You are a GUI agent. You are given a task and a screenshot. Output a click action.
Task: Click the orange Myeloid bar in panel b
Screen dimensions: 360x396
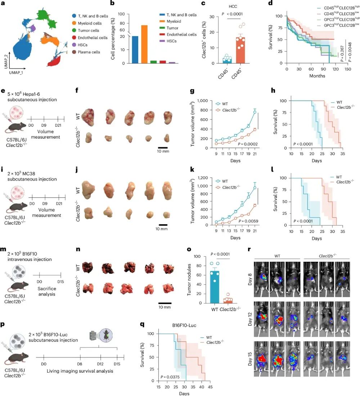pyautogui.click(x=144, y=44)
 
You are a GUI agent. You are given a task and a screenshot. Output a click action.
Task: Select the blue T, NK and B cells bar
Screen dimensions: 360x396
pyautogui.click(x=135, y=49)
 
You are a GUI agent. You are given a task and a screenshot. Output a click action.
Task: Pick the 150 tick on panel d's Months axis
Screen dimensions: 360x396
pyautogui.click(x=348, y=69)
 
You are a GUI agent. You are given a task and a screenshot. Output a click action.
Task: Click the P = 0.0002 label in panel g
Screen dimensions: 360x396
pyautogui.click(x=248, y=144)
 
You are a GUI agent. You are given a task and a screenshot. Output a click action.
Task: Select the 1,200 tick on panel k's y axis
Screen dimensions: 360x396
pyautogui.click(x=203, y=178)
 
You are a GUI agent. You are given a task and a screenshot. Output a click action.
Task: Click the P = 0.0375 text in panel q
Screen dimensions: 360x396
pyautogui.click(x=170, y=377)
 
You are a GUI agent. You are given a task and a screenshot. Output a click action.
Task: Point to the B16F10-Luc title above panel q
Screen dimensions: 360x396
pyautogui.click(x=184, y=325)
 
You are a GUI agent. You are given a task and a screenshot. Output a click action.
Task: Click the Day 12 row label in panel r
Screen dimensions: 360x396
pyautogui.click(x=250, y=319)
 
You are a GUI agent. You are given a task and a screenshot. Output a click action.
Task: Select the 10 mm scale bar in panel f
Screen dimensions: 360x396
pyautogui.click(x=163, y=147)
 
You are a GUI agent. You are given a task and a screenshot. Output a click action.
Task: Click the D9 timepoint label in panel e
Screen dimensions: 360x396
pyautogui.click(x=44, y=125)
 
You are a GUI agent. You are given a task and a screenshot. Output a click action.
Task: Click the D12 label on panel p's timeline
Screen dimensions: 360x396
pyautogui.click(x=100, y=364)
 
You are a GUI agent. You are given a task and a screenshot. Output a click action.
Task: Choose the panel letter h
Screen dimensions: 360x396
pyautogui.click(x=273, y=90)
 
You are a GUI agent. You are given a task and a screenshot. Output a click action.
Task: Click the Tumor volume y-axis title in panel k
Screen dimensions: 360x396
pyautogui.click(x=193, y=201)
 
